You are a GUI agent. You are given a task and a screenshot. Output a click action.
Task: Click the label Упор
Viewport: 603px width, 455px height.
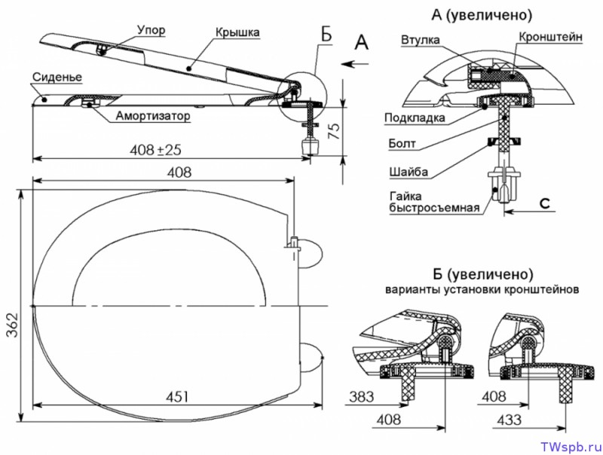click(x=152, y=31)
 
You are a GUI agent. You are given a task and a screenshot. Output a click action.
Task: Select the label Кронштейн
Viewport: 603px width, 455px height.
click(x=549, y=35)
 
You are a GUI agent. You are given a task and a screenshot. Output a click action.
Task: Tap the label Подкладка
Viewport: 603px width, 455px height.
click(x=415, y=118)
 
